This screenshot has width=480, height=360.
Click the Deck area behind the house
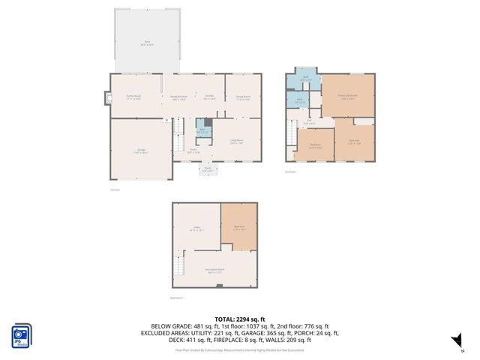tap(147, 42)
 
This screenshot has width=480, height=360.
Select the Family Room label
tap(133, 97)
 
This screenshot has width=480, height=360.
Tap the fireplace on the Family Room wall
tap(106, 97)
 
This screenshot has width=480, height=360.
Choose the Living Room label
tap(236, 142)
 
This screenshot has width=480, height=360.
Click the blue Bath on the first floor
tap(201, 130)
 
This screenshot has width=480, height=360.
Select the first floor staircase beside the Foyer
tap(179, 137)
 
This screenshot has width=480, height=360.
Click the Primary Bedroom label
tap(347, 96)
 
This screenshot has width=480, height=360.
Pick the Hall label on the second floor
tap(308, 121)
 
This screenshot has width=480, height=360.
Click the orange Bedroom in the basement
tap(239, 226)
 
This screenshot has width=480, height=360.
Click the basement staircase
tap(178, 266)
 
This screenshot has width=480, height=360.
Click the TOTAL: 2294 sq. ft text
tap(239, 319)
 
